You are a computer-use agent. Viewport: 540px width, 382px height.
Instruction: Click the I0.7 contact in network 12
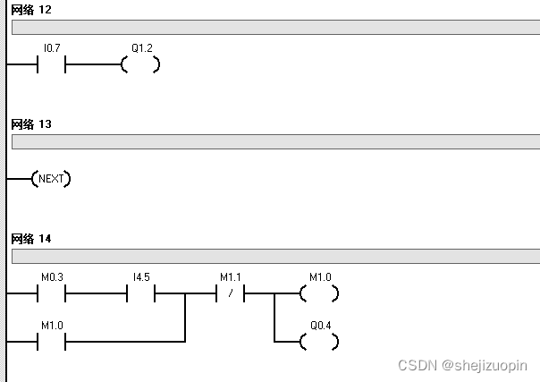[51, 64]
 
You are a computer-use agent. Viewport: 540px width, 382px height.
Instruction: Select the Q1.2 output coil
[141, 64]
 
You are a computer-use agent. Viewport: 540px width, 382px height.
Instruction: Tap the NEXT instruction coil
[52, 179]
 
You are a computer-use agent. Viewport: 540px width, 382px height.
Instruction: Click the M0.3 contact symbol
[51, 293]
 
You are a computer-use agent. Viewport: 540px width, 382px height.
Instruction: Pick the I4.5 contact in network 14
[141, 293]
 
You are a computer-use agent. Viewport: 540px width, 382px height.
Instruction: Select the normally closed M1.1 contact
[231, 293]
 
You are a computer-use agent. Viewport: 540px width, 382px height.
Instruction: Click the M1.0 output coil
[319, 293]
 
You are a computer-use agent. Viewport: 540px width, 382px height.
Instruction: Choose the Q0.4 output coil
[319, 341]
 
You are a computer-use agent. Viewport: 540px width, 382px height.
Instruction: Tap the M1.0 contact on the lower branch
[51, 341]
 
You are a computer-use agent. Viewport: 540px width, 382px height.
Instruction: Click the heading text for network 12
[31, 10]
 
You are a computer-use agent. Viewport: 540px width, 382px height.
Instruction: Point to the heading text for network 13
[31, 124]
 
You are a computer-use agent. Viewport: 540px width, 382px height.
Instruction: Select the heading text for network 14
[31, 239]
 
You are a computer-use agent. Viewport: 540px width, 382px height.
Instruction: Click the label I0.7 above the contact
[51, 49]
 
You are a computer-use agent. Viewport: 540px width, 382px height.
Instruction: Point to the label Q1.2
[141, 49]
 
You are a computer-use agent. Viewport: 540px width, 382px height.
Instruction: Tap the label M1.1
[230, 277]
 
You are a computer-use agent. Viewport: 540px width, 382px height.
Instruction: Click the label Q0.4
[319, 326]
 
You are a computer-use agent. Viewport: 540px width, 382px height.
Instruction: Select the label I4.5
[141, 277]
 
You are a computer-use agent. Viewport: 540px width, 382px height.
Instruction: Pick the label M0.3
[51, 277]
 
